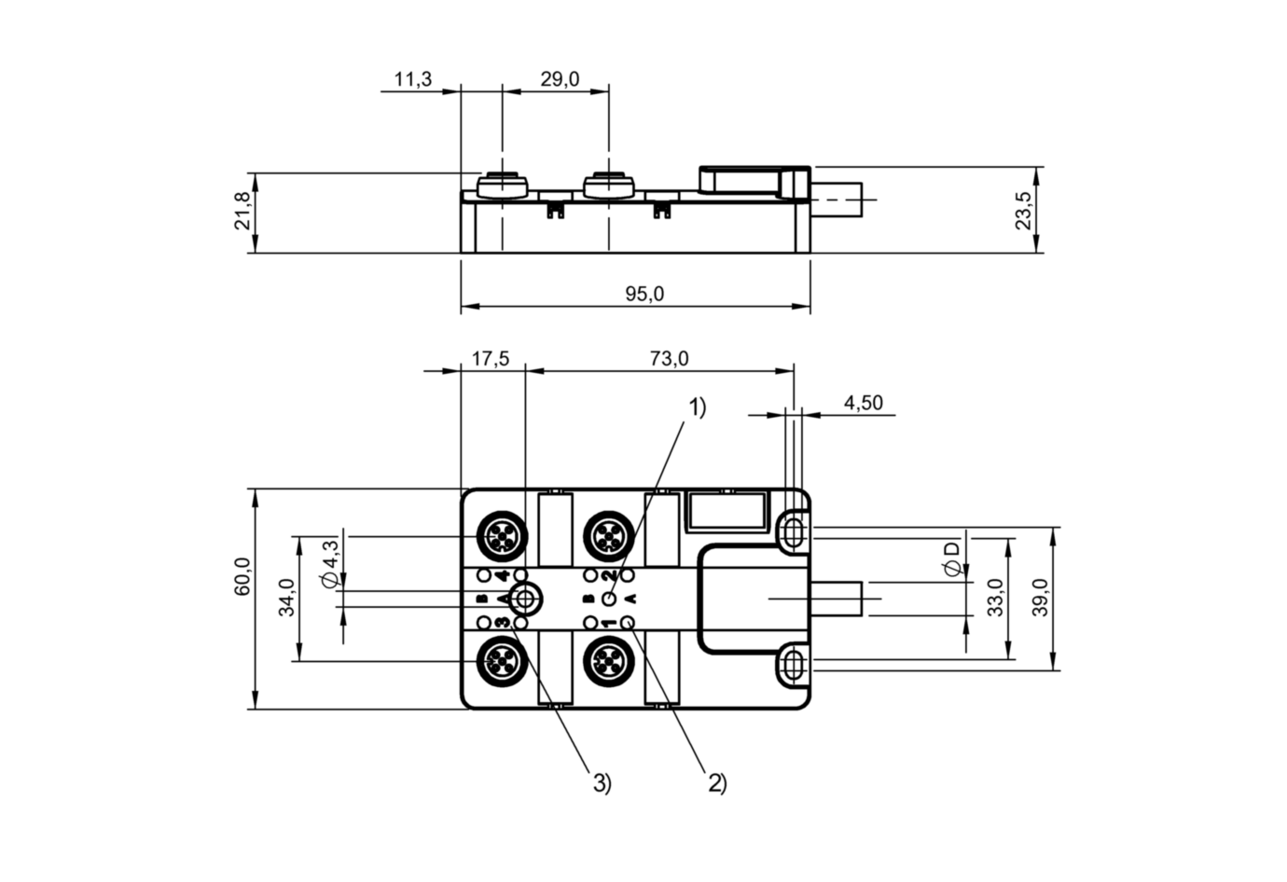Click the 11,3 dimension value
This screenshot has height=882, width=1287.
tap(412, 79)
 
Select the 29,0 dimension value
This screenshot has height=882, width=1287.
tap(560, 79)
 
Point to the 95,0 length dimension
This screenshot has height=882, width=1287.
tap(644, 294)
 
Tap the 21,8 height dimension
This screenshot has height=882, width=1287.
tap(242, 212)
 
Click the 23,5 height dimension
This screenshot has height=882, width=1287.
tap(1024, 211)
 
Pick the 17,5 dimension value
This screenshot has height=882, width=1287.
tap(490, 359)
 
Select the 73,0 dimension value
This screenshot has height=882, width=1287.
tap(669, 359)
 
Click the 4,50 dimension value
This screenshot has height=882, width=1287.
tap(863, 403)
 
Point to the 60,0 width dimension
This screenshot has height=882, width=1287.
tap(242, 577)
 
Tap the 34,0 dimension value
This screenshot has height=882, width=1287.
tap(286, 598)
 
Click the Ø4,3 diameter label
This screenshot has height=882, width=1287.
tap(329, 564)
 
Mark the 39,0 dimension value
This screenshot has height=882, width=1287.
tap(1041, 598)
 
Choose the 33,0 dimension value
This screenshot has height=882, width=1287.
tap(996, 598)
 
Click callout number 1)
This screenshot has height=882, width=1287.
tap(698, 407)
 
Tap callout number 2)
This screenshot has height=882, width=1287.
tap(716, 783)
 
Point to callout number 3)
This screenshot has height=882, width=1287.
tap(602, 783)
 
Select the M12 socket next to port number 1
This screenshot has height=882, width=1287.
tap(608, 662)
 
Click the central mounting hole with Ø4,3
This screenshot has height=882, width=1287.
tap(525, 598)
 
